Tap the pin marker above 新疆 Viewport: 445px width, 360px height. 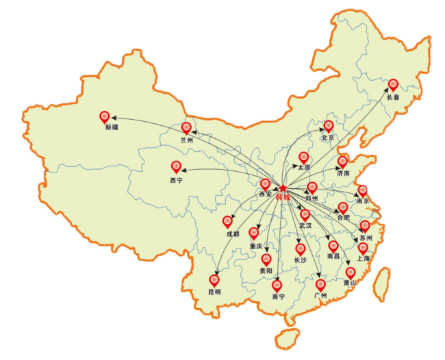105,117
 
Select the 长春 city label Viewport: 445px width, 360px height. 393,98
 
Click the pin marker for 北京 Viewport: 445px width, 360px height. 329,126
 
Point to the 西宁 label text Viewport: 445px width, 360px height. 176,181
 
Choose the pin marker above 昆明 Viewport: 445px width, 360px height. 214,280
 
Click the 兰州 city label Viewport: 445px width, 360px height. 187,140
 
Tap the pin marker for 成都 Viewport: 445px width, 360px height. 228,222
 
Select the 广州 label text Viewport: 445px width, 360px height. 320,296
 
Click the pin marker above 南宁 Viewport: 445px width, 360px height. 277,285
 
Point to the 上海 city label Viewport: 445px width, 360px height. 363,258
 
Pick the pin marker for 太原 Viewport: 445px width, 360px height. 304,157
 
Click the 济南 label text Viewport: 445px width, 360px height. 343,174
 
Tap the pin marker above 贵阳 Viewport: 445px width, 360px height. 266,259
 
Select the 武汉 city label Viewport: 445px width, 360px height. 305,225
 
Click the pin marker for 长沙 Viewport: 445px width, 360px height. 300,249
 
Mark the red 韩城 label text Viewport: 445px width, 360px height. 283,198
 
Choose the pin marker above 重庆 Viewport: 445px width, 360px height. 254,233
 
